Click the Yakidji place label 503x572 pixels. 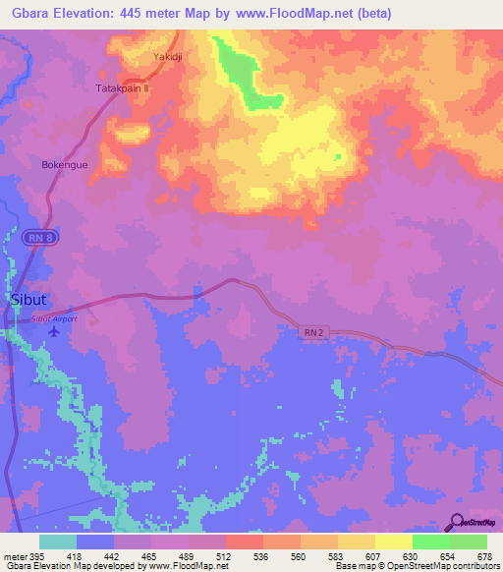pyautogui.click(x=166, y=57)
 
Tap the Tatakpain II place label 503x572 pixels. pyautogui.click(x=122, y=87)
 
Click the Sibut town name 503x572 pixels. pyautogui.click(x=28, y=300)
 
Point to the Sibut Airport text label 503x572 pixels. pyautogui.click(x=54, y=319)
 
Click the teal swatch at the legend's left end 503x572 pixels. pyautogui.click(x=58, y=541)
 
